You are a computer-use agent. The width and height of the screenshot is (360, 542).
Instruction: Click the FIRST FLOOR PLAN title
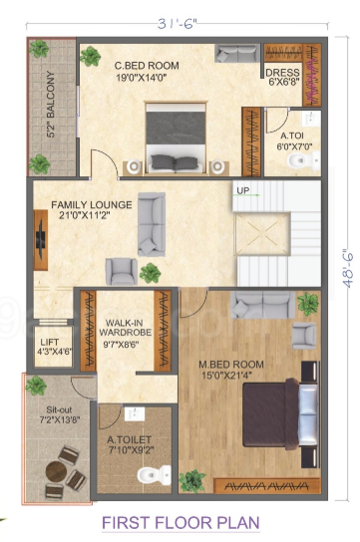(180, 521)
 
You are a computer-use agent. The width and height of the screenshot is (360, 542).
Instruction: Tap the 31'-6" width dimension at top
(180, 24)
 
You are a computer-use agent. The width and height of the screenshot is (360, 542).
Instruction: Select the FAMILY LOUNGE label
(93, 212)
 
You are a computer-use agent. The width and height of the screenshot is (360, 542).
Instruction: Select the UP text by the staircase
(242, 189)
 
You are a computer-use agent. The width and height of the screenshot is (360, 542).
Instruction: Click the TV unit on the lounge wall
(39, 237)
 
